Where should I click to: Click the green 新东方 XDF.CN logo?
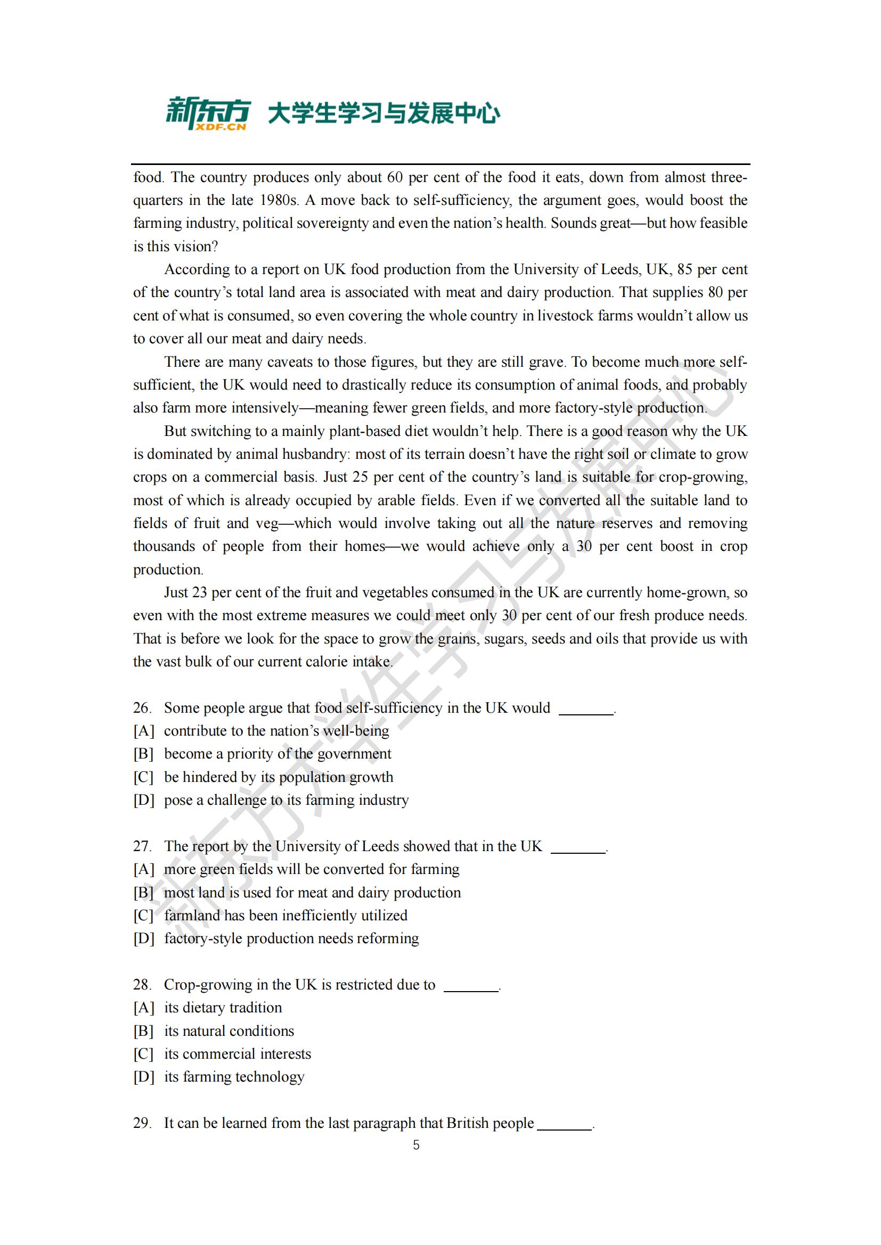208,113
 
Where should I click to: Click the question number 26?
142,707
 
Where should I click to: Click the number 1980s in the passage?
280,201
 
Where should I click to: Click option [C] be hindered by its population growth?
278,777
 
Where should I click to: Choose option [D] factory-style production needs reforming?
291,938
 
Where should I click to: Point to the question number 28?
142,985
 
